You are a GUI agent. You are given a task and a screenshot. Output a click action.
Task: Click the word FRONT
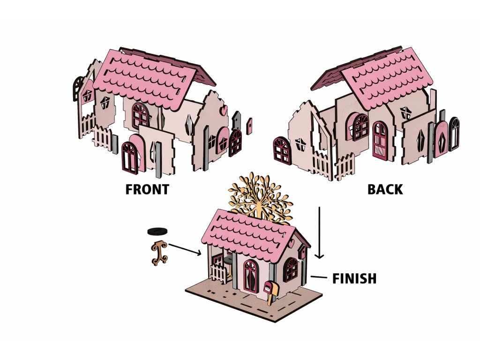click(x=147, y=189)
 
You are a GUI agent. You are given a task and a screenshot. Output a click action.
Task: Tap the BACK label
click(x=385, y=189)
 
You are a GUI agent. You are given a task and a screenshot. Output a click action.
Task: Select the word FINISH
click(x=354, y=278)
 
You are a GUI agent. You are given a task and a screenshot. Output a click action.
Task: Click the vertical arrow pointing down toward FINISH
click(x=319, y=232)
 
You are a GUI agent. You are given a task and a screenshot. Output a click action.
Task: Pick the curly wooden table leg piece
click(x=159, y=253)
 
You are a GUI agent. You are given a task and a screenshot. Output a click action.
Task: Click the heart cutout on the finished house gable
click(x=292, y=245)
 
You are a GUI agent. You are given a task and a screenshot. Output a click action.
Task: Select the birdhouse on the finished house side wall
click(x=302, y=254)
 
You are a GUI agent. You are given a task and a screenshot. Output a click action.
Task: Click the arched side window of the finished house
click(x=291, y=270)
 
